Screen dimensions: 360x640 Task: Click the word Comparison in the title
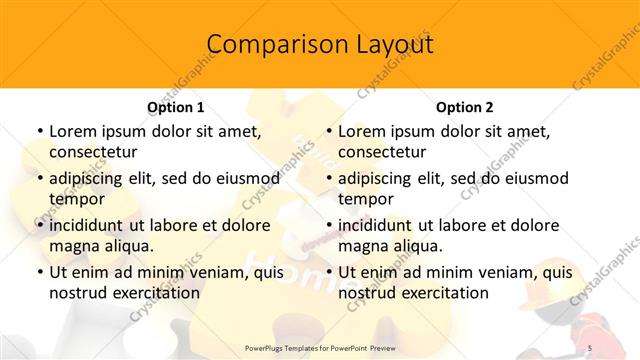(x=267, y=45)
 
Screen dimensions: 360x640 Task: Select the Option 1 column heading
(x=176, y=107)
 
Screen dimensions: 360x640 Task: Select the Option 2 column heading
(x=464, y=107)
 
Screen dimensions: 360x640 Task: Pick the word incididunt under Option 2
(x=384, y=225)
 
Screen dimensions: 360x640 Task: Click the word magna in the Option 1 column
(x=73, y=245)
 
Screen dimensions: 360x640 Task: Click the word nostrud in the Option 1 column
(x=79, y=293)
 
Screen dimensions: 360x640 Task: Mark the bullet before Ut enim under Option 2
(x=329, y=272)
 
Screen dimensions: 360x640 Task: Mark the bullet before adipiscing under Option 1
(x=40, y=178)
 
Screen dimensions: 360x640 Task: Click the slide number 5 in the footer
(x=590, y=348)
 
